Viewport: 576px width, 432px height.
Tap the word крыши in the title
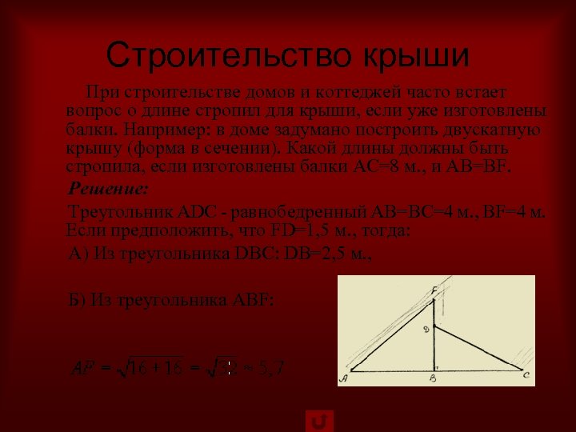point(417,54)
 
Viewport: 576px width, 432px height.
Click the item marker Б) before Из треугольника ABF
point(78,301)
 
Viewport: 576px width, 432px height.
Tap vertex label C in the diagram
point(526,374)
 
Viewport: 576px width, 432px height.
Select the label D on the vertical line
point(426,329)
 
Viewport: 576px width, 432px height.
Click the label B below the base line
point(432,378)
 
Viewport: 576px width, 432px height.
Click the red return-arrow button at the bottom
point(320,421)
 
